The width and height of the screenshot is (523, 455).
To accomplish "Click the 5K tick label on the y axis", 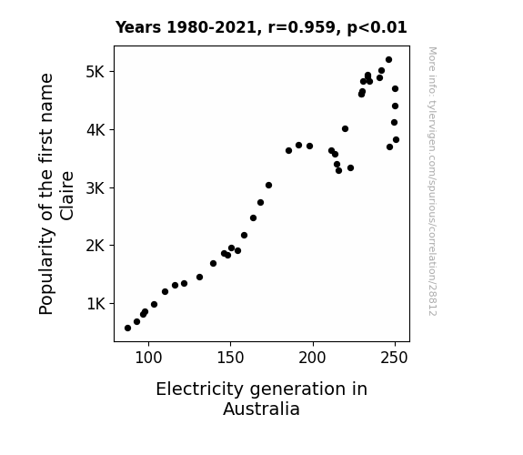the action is click(96, 72).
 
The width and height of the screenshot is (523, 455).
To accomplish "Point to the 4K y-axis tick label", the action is click(96, 130).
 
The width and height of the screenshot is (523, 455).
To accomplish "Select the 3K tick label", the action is click(96, 188).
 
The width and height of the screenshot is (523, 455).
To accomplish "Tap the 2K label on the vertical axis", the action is click(96, 246).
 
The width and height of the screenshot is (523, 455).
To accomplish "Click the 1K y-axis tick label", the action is click(96, 304).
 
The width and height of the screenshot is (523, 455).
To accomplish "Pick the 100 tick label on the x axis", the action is click(148, 358).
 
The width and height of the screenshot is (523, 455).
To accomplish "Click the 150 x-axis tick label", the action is click(230, 358).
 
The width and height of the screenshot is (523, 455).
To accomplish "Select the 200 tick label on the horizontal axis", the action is click(313, 358).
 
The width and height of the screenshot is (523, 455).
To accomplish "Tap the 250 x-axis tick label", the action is click(395, 358).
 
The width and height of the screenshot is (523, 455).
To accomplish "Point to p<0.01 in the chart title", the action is click(377, 28).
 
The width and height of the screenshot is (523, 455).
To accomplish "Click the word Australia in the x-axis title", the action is click(262, 409).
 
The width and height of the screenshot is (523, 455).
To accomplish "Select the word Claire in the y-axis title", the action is click(66, 196).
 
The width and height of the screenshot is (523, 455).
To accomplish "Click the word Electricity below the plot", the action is click(200, 389).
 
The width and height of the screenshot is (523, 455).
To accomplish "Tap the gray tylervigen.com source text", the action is click(433, 181).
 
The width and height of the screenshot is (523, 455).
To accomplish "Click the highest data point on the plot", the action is click(388, 60).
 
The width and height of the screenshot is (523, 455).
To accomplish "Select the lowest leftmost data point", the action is click(127, 329).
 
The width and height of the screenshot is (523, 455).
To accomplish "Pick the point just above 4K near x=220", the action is click(345, 129).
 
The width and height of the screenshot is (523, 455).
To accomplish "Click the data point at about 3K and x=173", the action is click(268, 186).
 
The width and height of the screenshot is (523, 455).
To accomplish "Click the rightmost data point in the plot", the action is click(396, 140).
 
